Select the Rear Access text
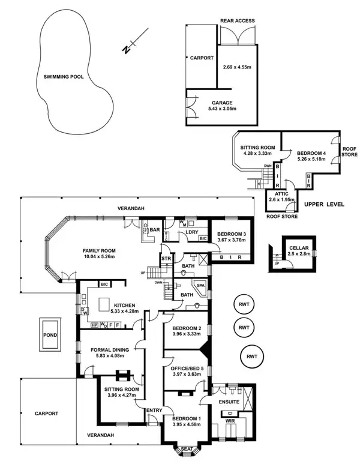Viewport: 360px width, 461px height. pyautogui.click(x=238, y=21)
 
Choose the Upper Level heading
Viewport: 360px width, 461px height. pyautogui.click(x=323, y=205)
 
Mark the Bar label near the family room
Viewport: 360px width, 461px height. pyautogui.click(x=154, y=229)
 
